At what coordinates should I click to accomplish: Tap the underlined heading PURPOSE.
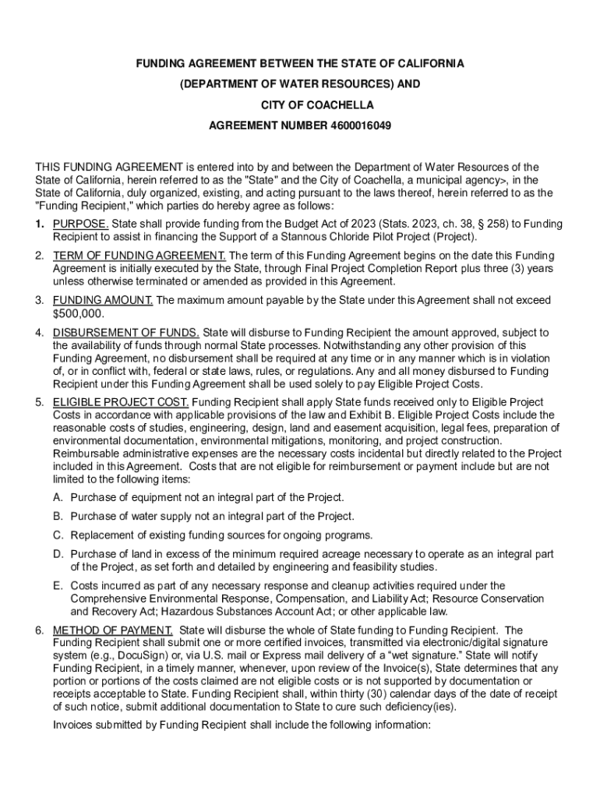(x=81, y=224)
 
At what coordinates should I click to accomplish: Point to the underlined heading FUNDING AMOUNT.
(x=104, y=300)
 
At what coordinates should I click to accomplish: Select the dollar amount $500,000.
(x=78, y=313)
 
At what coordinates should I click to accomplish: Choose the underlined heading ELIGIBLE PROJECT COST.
(x=121, y=402)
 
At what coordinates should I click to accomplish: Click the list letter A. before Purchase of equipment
(x=58, y=497)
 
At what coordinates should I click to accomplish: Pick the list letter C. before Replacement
(x=58, y=535)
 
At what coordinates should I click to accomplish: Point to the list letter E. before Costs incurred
(x=58, y=585)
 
